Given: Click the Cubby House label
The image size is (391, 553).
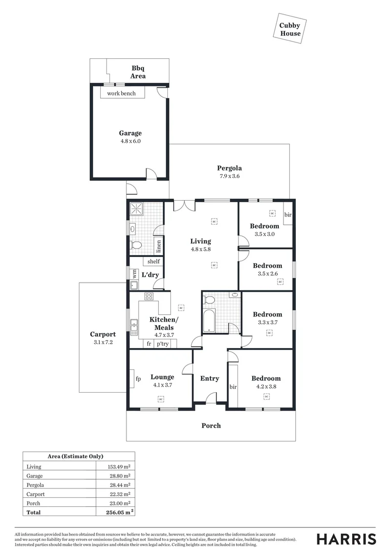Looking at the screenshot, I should [x=290, y=30].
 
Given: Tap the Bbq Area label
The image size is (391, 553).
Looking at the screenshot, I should [x=138, y=72].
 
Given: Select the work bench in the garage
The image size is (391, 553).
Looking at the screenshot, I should [x=122, y=93].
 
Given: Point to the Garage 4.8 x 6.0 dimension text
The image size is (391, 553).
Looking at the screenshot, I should [x=131, y=141].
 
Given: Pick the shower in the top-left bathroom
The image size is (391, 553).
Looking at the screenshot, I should [x=138, y=210].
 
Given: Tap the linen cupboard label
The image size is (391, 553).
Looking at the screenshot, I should [x=159, y=246].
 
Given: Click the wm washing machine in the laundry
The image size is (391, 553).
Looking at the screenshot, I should [x=134, y=274].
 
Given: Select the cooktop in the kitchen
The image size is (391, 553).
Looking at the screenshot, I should [x=149, y=296].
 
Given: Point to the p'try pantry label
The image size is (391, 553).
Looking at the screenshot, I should [x=163, y=344].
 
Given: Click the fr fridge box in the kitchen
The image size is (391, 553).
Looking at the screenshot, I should [x=149, y=344].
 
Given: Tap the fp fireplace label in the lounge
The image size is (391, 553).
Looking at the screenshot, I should [x=138, y=379].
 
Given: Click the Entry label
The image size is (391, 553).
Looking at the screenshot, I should [x=209, y=378].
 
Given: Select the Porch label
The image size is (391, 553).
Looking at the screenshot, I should [x=211, y=426].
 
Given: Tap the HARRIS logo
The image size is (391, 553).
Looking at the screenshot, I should [x=346, y=539].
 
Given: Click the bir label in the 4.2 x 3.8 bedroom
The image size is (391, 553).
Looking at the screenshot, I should [x=234, y=387].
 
